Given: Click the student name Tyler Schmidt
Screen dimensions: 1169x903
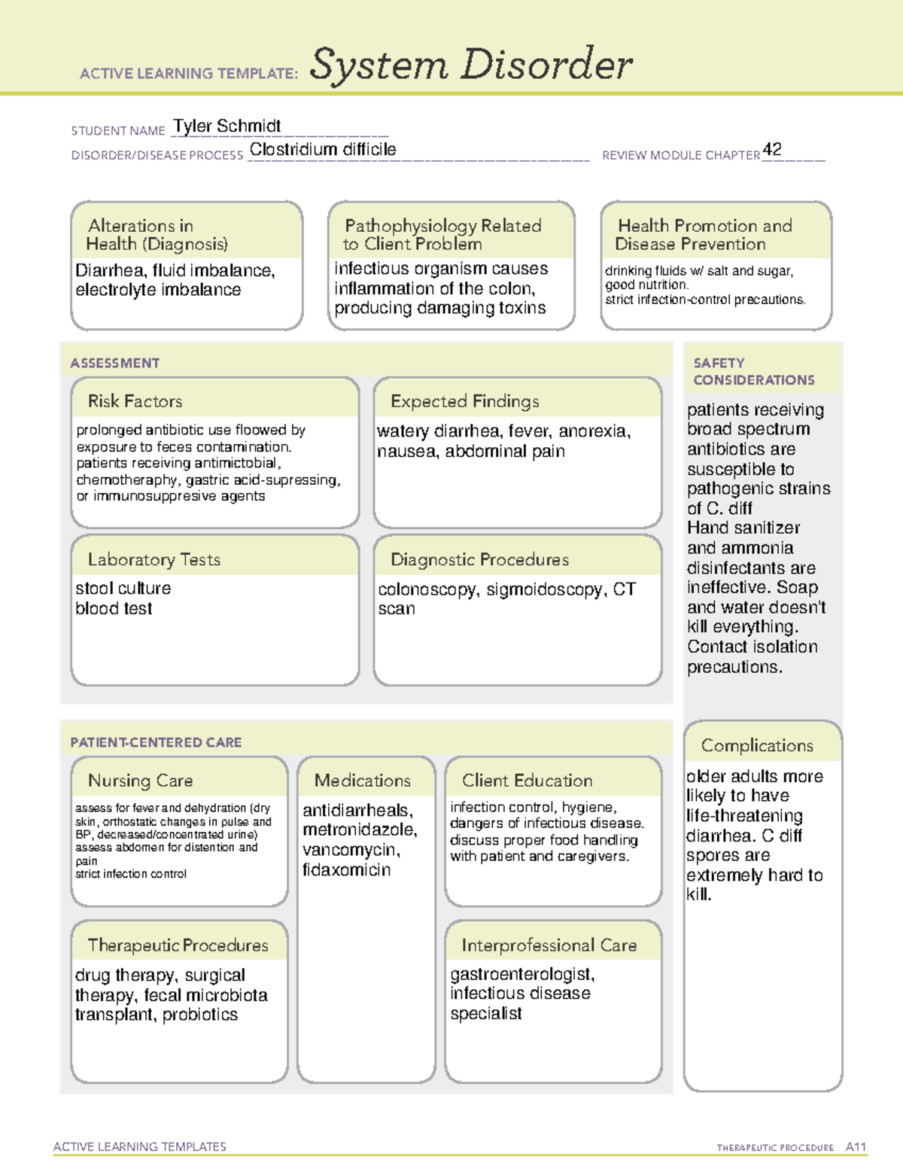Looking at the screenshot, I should (227, 126).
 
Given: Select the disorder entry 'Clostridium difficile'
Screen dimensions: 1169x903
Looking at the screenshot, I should (323, 149).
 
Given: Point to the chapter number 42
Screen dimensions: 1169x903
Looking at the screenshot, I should (772, 149).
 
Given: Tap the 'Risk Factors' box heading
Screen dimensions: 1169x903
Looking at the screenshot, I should (135, 401).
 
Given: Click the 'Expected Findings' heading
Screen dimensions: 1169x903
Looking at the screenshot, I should (464, 401).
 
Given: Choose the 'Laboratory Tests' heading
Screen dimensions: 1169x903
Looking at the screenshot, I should (154, 559).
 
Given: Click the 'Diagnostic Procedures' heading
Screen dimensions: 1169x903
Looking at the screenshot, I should (479, 559).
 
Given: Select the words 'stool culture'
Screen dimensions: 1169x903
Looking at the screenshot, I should (123, 588).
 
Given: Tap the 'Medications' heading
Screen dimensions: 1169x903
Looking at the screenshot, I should (363, 781).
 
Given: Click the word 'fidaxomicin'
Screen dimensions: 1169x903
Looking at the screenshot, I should (346, 870).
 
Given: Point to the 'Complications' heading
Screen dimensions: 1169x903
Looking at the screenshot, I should (757, 745).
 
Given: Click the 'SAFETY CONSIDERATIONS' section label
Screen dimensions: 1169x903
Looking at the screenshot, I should (753, 371).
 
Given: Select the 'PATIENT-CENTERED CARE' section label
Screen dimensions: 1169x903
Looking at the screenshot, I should (156, 742).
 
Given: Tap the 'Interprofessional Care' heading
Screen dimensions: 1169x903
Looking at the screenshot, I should (549, 945).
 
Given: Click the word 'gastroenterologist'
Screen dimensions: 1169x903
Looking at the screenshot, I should (521, 974).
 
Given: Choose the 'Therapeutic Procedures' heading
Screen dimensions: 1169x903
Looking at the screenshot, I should (178, 945).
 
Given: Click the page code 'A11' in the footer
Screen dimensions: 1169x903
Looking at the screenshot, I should (856, 1147).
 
